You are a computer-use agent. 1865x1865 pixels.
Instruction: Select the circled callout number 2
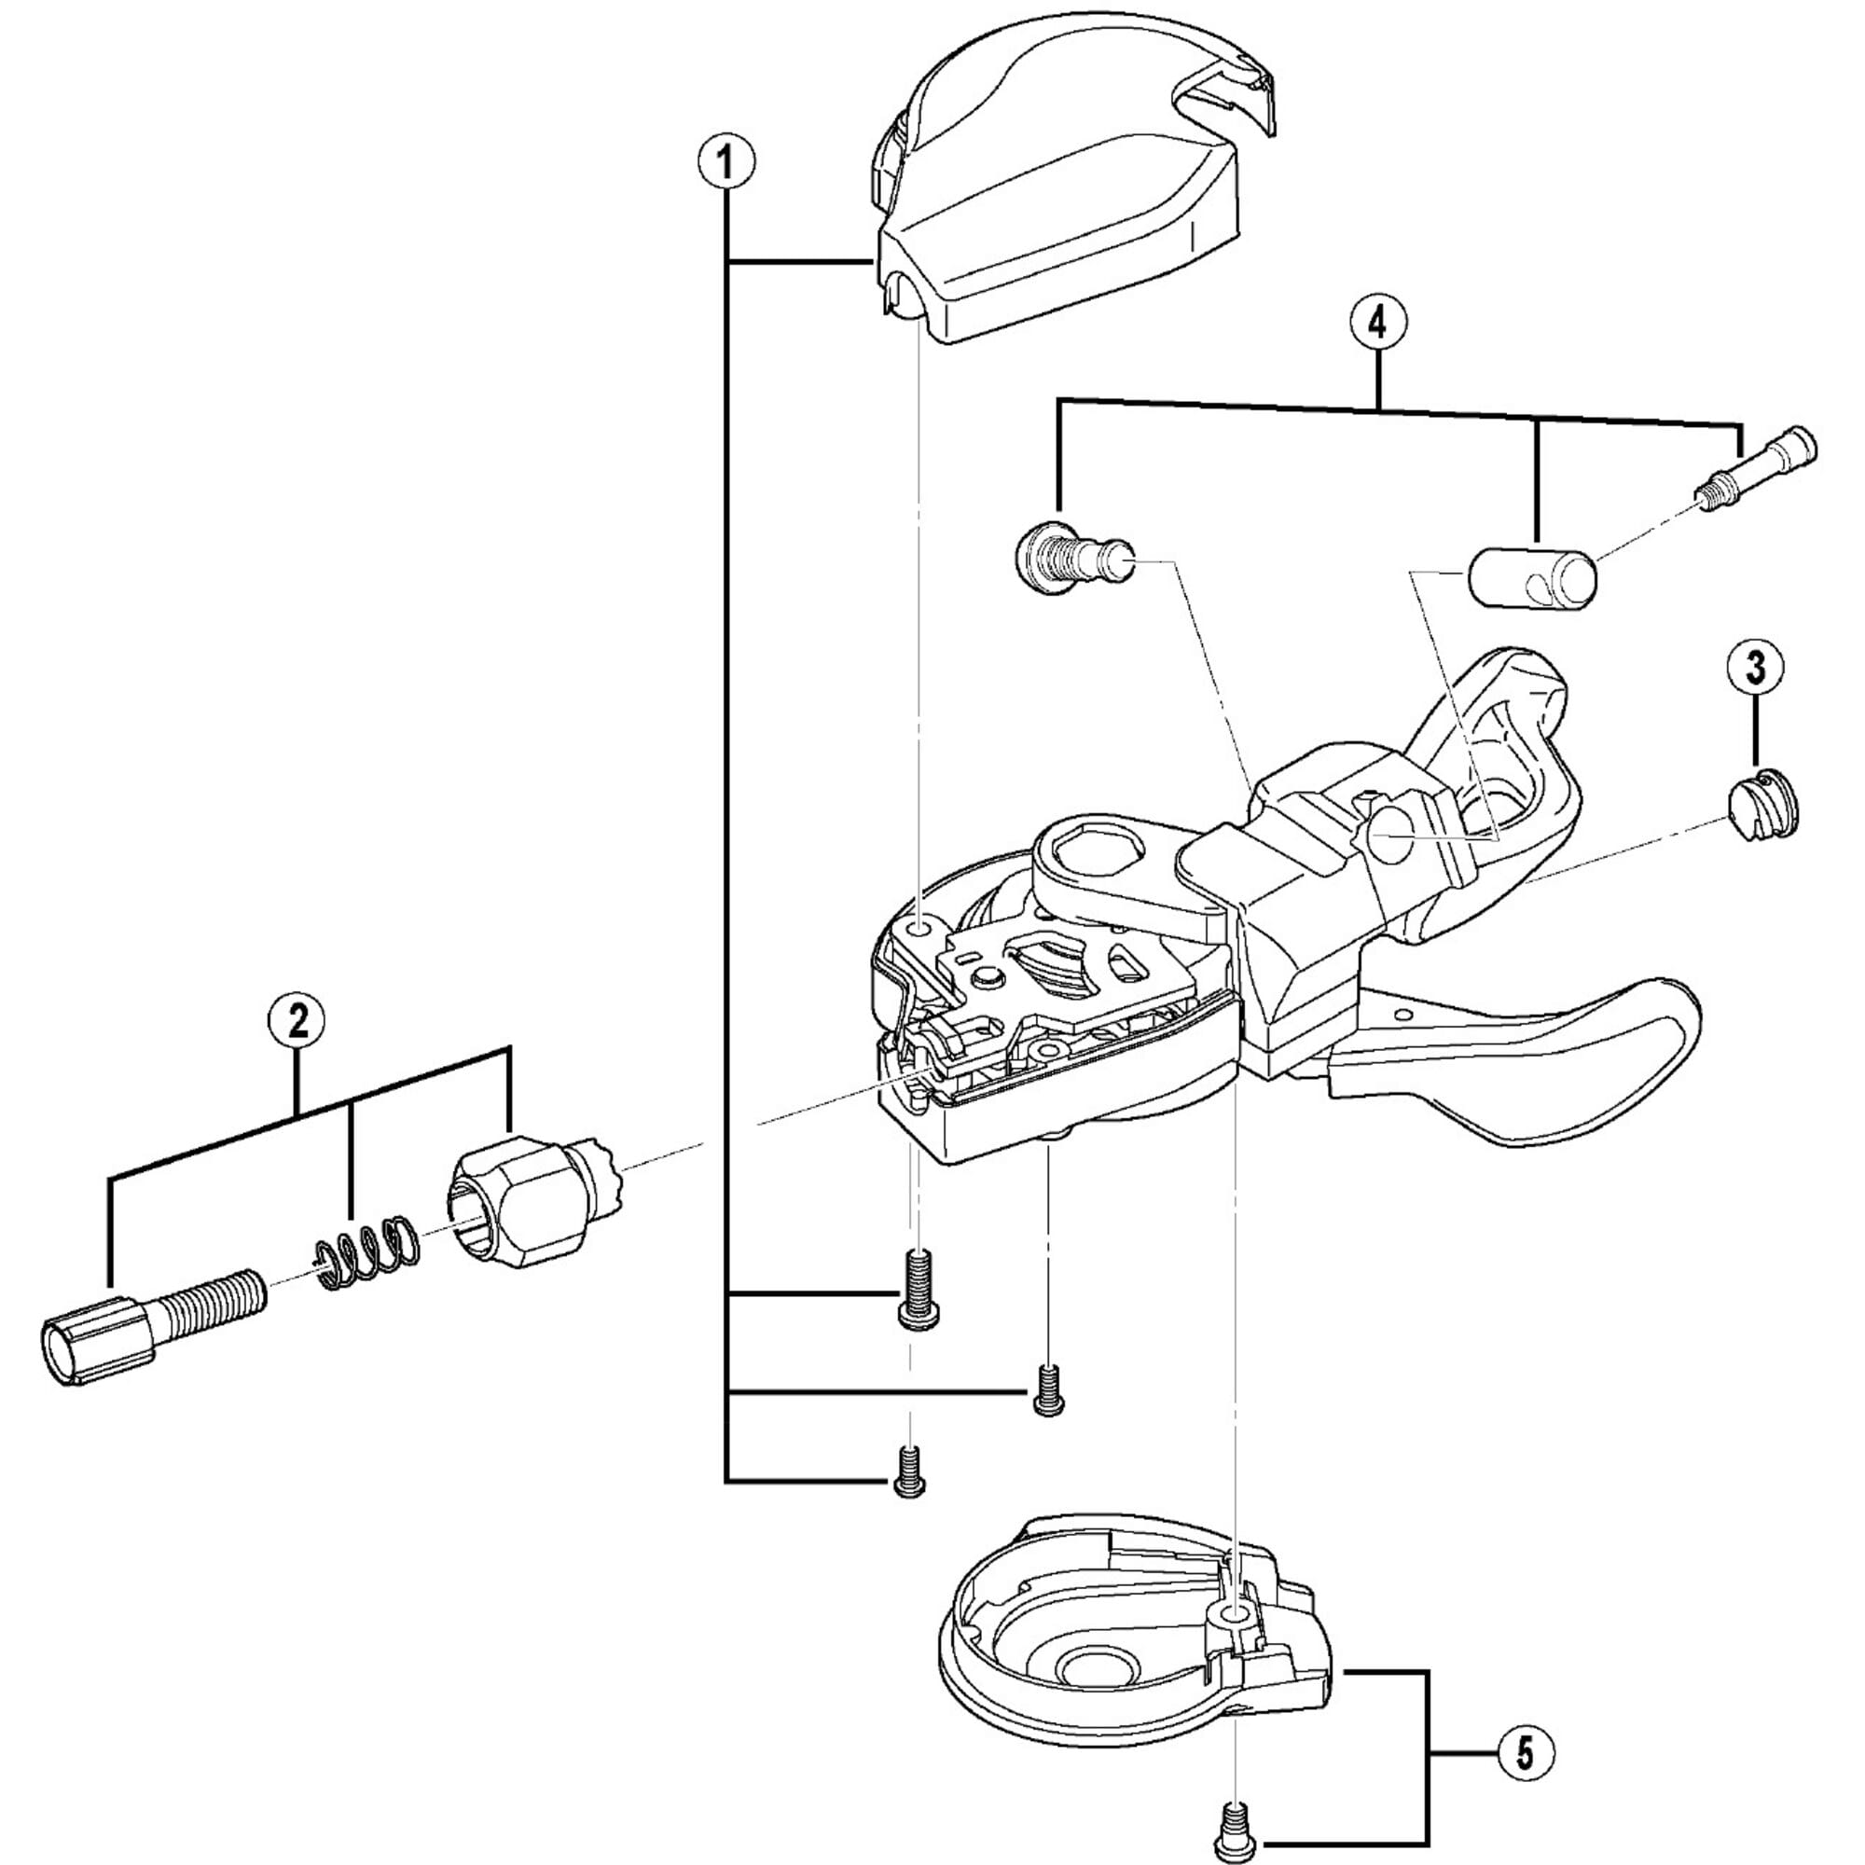click(x=297, y=1021)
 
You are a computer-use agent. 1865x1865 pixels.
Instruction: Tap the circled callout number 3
click(x=1755, y=667)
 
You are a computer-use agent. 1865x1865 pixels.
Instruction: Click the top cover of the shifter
click(x=1062, y=202)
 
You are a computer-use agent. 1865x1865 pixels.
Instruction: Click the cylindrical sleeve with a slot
click(x=1531, y=579)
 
